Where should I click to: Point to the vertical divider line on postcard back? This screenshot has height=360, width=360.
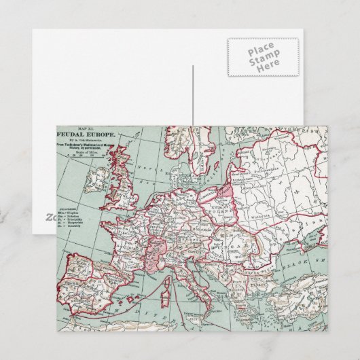click(x=193, y=95)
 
